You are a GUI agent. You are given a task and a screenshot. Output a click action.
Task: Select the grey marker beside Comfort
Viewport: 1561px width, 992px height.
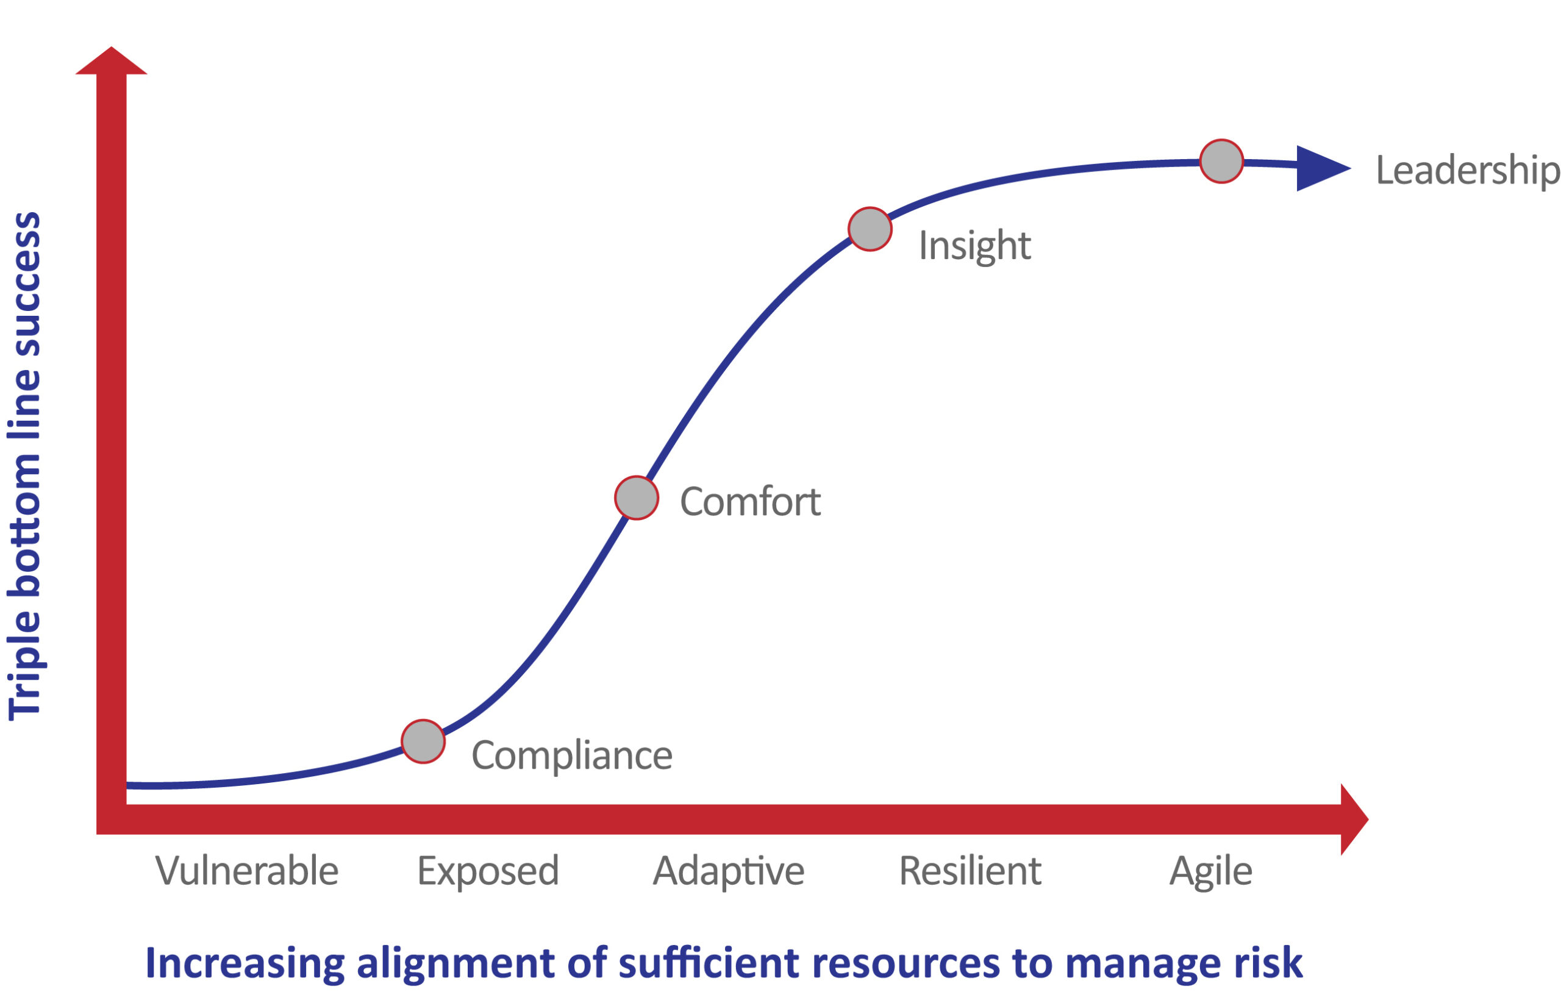637,498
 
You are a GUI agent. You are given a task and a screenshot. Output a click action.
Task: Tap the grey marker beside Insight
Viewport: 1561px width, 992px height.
870,229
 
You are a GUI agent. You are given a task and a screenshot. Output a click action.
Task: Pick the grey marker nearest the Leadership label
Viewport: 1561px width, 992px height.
1221,162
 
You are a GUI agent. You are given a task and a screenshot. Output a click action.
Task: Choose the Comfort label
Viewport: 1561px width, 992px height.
750,502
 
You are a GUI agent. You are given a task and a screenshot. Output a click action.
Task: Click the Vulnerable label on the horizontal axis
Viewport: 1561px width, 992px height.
247,871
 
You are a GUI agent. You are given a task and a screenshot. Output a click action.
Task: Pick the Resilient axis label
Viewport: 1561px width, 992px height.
970,871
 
